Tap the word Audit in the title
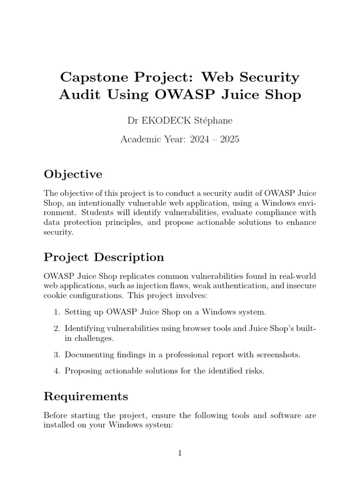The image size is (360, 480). (x=80, y=95)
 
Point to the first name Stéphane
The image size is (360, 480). (x=213, y=121)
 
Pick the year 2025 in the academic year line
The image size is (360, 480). (x=229, y=140)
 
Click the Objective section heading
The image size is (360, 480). (x=73, y=174)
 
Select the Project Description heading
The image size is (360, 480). (x=104, y=257)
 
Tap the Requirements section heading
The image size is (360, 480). (x=86, y=397)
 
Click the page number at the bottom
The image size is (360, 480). (x=180, y=453)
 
